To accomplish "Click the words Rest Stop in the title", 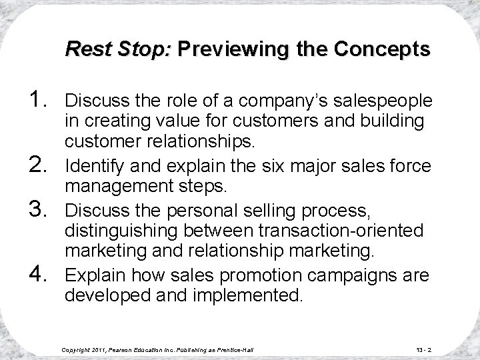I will click(x=119, y=49).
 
